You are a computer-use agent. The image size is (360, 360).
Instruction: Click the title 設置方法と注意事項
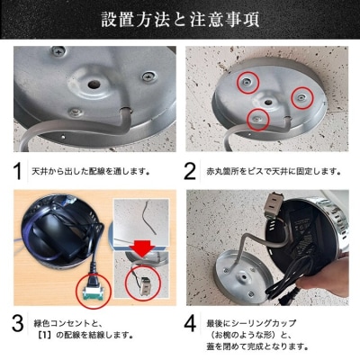(x=180, y=20)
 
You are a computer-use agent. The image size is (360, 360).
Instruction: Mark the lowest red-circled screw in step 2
(x=258, y=117)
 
